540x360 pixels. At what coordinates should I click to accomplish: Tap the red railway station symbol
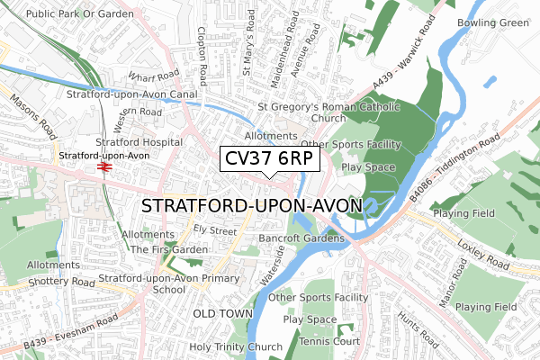[x=104, y=166]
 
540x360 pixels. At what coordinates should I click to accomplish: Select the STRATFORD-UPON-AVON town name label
[x=252, y=206]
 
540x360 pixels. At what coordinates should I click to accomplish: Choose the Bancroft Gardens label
[x=301, y=238]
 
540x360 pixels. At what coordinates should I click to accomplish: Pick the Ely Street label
[x=220, y=231]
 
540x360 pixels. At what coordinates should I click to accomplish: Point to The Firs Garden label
[x=170, y=249]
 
